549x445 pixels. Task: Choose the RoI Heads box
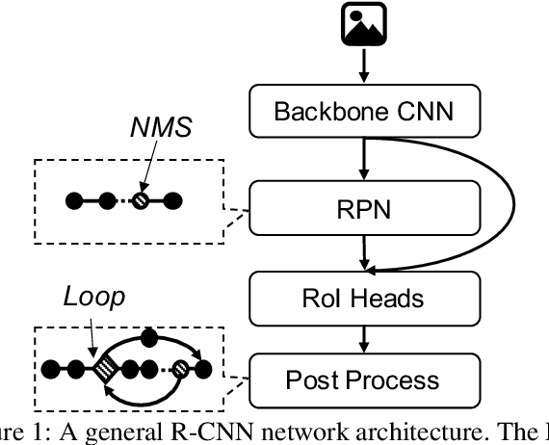(363, 298)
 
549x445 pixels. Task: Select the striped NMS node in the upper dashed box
(142, 202)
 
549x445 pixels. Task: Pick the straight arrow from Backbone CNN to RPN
(364, 157)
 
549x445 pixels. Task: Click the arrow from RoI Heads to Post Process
(364, 337)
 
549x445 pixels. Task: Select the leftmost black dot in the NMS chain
(73, 202)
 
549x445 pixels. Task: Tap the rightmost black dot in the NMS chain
(174, 202)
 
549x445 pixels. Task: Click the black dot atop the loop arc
(149, 337)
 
